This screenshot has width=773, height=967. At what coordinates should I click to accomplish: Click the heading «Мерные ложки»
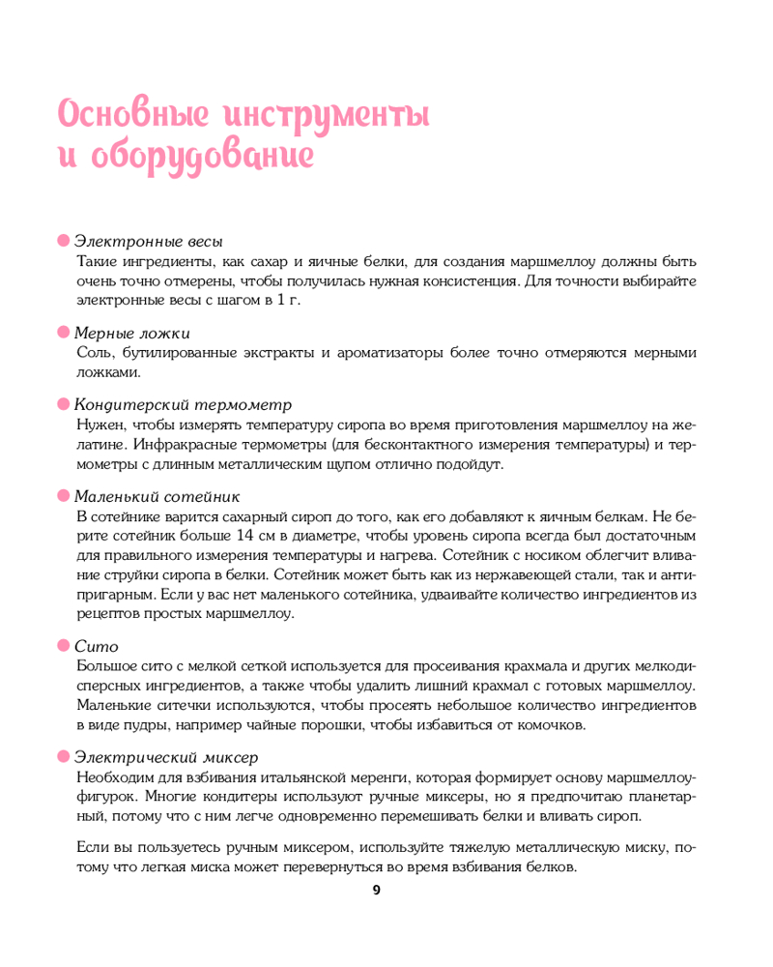click(x=139, y=333)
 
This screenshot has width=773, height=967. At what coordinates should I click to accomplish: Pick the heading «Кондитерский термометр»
click(x=183, y=404)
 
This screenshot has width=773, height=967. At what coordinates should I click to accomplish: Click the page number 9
click(x=377, y=891)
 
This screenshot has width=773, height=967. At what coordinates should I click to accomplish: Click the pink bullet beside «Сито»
click(x=64, y=645)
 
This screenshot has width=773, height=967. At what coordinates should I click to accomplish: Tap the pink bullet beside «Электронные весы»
click(x=64, y=241)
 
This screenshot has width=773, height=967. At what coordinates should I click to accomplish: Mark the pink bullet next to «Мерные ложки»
click(x=64, y=333)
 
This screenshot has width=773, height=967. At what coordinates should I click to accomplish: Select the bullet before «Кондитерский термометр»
click(x=64, y=404)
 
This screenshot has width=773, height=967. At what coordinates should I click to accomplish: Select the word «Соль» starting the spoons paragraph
click(x=92, y=353)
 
